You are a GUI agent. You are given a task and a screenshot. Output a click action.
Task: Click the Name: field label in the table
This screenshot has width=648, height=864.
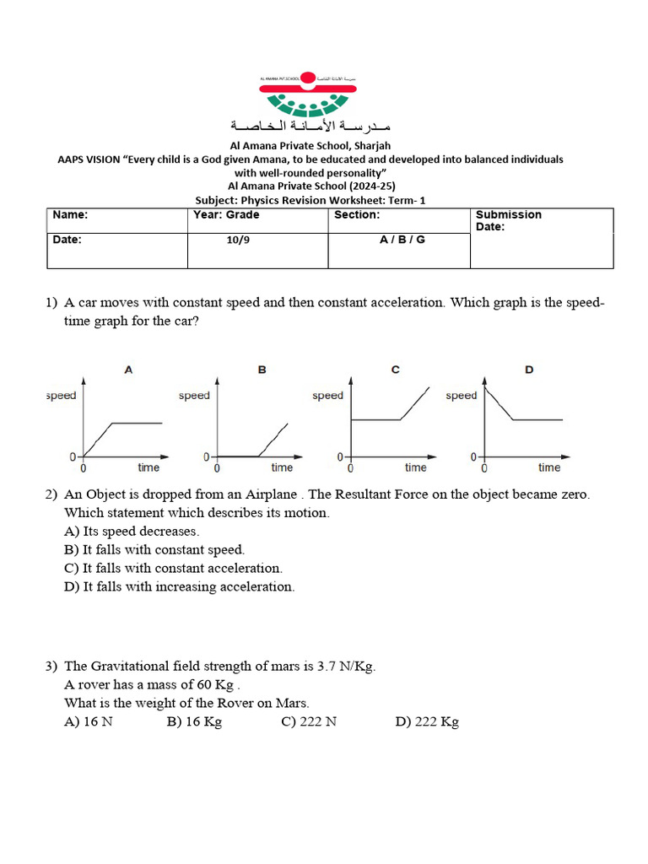tap(70, 215)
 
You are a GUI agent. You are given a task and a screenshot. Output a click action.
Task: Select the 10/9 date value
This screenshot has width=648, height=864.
tap(238, 240)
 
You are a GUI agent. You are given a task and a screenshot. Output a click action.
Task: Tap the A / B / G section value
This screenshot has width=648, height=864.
tap(402, 240)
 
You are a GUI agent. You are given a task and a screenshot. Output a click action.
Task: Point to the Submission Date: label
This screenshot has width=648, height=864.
tap(509, 221)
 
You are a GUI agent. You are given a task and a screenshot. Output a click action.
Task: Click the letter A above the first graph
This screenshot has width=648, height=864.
tap(128, 370)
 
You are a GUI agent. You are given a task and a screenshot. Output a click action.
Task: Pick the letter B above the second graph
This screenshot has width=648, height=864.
tap(262, 370)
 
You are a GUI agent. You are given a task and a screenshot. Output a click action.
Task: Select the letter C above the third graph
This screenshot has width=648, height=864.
tap(395, 370)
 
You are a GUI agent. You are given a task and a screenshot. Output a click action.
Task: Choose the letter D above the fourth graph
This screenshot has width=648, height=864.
tap(529, 370)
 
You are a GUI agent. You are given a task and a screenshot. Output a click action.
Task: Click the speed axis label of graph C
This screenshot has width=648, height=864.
tap(327, 396)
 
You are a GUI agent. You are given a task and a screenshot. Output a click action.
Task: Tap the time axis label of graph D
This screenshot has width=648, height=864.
tap(548, 467)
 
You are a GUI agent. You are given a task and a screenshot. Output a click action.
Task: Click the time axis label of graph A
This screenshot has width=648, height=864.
tap(148, 467)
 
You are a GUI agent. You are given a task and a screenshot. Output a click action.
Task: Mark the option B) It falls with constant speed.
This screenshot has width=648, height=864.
tap(154, 550)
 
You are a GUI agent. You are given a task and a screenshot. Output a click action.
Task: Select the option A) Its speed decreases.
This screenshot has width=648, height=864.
tap(132, 532)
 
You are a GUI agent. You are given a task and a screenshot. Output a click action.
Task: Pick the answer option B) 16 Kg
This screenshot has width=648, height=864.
tap(194, 722)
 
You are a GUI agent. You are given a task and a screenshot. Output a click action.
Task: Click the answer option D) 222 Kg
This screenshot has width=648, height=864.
tap(426, 722)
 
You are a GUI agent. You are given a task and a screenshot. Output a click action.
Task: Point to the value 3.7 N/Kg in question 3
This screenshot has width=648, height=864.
tap(345, 667)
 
